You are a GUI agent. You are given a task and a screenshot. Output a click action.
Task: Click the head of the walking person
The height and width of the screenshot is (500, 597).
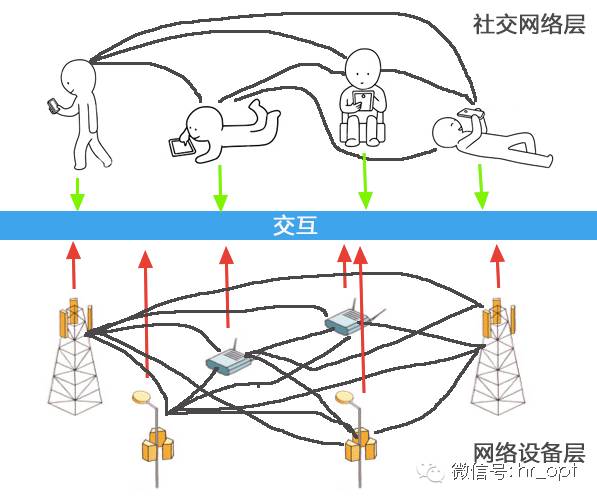click(x=77, y=75)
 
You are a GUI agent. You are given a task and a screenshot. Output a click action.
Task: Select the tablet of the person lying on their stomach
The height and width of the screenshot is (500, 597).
click(x=180, y=146)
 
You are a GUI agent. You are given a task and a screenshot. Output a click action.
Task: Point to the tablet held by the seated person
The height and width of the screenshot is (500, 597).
click(x=363, y=100)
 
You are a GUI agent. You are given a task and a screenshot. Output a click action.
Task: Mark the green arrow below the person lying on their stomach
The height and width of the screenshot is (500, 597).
click(x=220, y=188)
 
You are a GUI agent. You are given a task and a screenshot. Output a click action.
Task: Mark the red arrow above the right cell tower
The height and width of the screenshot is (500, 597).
click(x=497, y=267)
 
